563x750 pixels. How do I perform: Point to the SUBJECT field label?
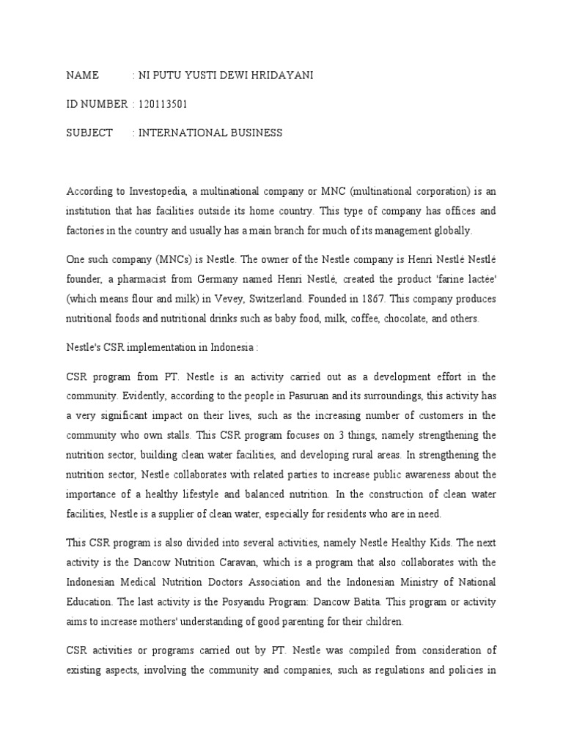[x=89, y=133]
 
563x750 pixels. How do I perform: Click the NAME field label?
[x=81, y=76]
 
